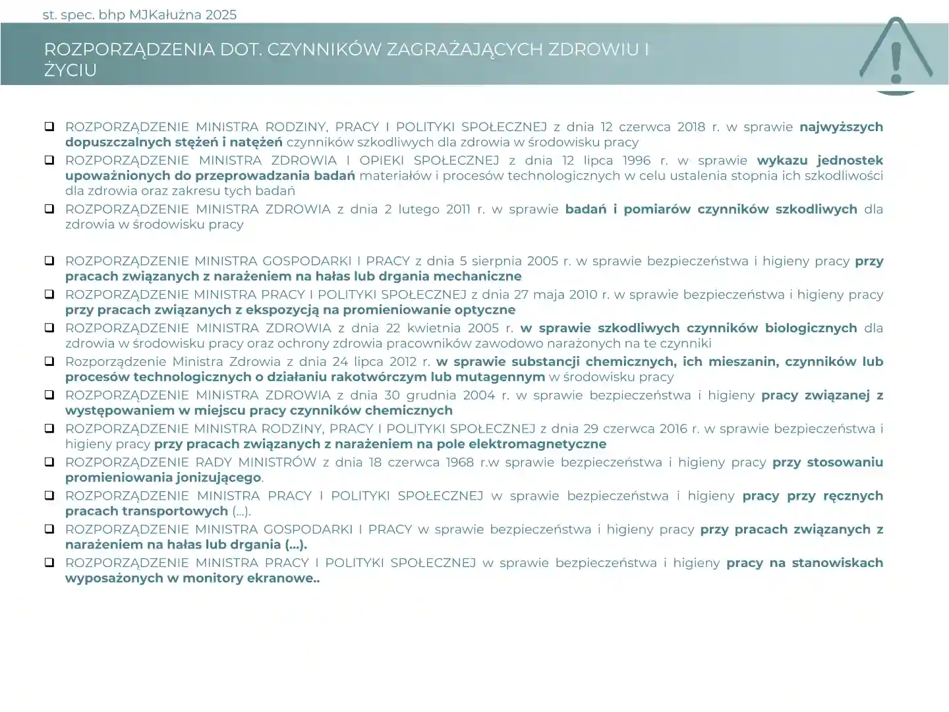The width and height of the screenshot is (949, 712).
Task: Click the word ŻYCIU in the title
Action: (71, 71)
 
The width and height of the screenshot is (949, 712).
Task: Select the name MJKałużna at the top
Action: (165, 15)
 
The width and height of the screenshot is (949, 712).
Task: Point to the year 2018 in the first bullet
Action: (691, 127)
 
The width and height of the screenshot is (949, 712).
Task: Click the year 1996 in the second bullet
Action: (635, 160)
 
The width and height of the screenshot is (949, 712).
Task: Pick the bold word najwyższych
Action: (841, 127)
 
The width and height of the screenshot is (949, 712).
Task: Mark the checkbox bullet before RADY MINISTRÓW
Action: (49, 461)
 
